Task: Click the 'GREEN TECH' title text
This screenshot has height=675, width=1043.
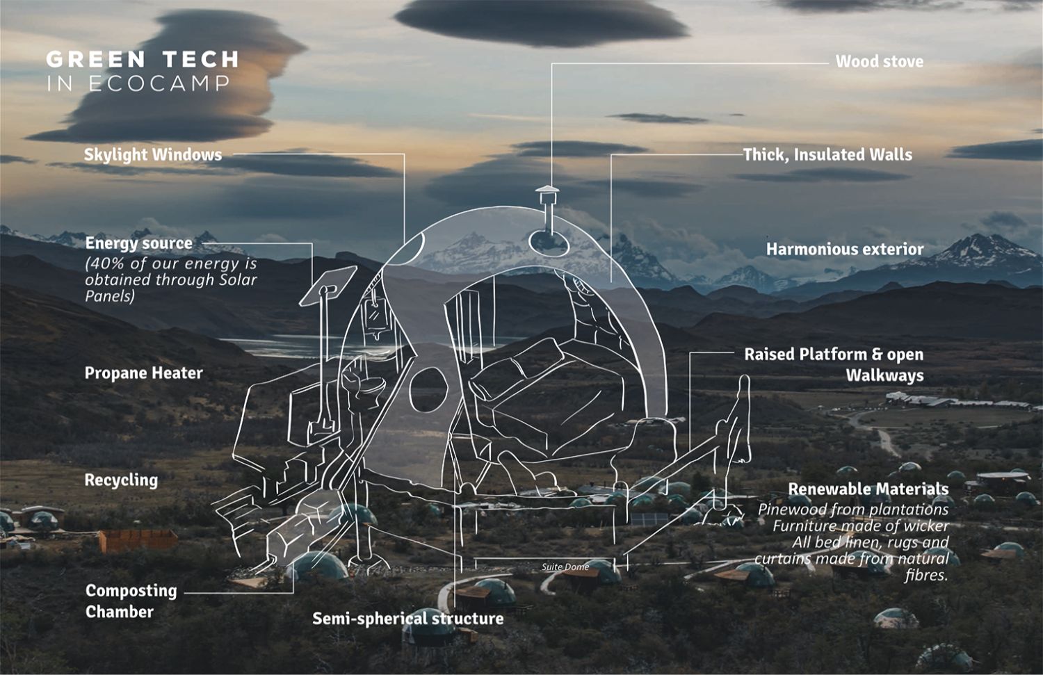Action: [x=143, y=59]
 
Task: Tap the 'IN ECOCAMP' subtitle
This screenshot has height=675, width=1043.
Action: [x=138, y=84]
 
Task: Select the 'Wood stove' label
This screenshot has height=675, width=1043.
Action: [x=879, y=61]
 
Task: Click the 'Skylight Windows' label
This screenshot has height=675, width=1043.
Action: [x=153, y=154]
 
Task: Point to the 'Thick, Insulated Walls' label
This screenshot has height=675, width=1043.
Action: [x=827, y=154]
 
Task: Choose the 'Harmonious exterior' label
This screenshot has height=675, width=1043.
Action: [x=845, y=249]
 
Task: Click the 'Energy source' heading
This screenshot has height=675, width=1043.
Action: [x=138, y=243]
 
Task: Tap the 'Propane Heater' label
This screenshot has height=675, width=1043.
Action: [x=144, y=373]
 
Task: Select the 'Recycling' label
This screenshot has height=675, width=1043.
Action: [x=121, y=480]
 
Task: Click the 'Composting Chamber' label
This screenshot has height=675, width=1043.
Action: [x=131, y=601]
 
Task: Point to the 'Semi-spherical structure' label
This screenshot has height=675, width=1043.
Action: [x=407, y=618]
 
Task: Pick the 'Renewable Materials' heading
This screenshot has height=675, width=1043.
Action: [x=868, y=489]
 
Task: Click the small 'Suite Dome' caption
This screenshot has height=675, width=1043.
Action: [x=565, y=567]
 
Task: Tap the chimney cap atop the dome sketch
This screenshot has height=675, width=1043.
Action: [x=547, y=190]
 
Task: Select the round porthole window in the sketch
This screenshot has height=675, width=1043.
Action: [x=428, y=389]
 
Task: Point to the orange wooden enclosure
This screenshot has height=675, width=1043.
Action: [x=138, y=540]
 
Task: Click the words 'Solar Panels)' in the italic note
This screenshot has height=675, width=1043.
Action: [x=110, y=296]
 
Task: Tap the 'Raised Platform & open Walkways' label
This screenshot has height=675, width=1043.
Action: [x=834, y=364]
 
